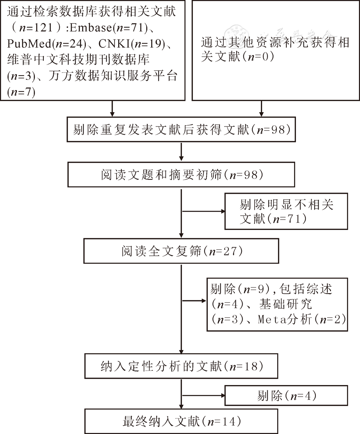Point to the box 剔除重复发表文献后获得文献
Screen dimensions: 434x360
click(x=181, y=130)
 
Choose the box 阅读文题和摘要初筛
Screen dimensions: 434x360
click(x=181, y=175)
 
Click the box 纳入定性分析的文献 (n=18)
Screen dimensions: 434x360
click(x=181, y=366)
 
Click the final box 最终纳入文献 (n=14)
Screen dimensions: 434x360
click(x=181, y=420)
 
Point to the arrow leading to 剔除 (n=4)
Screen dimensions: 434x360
click(x=203, y=396)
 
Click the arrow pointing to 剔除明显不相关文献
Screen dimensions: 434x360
click(x=203, y=212)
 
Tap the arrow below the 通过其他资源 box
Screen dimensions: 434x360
click(x=261, y=108)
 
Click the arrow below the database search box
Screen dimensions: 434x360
click(x=113, y=108)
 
